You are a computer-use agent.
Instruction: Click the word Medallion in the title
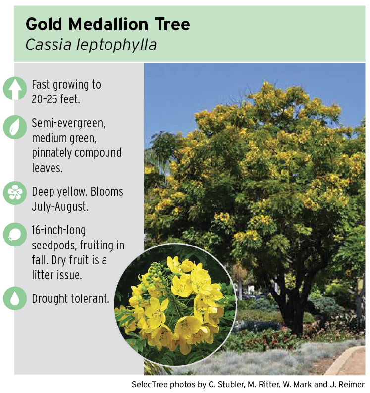[x=108, y=24]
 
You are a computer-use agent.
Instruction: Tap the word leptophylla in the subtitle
[x=116, y=46]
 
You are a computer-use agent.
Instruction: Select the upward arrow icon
[x=15, y=89]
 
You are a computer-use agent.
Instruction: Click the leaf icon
[x=15, y=127]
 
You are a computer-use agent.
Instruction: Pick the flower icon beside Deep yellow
[x=15, y=193]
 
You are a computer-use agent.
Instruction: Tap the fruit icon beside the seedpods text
[x=15, y=234]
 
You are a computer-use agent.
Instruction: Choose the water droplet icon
[x=15, y=298]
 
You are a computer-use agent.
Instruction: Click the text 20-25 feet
[x=56, y=99]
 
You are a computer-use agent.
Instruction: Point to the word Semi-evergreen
[x=68, y=123]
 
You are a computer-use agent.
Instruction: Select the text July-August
[x=60, y=207]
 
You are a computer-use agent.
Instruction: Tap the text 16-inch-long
[x=59, y=230]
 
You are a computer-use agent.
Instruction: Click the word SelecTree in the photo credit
[x=149, y=384]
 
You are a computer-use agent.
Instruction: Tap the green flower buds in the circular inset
[x=154, y=273]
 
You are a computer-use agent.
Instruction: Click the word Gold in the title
[x=44, y=24]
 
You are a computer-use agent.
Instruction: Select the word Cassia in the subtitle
[x=49, y=45]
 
